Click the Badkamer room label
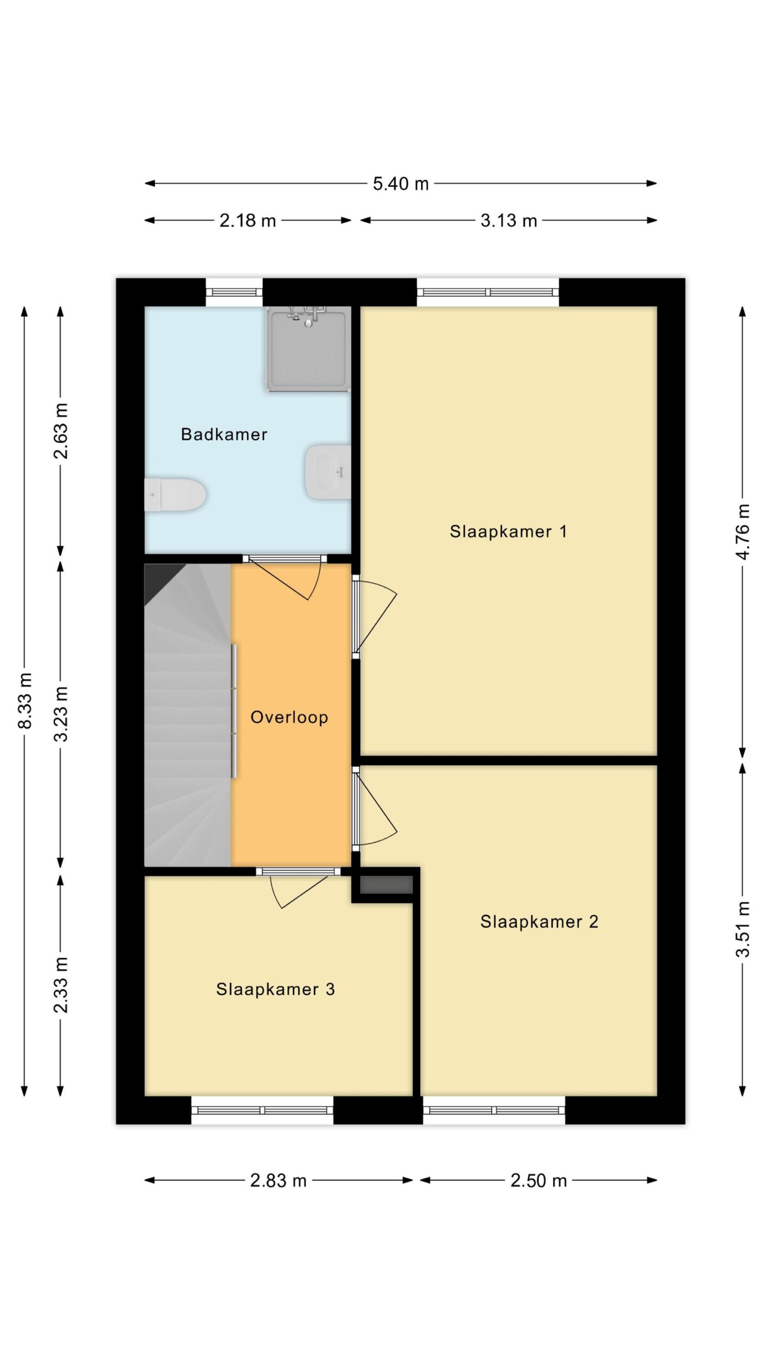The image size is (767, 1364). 224,434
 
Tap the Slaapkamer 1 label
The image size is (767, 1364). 508,531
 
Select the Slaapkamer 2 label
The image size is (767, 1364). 539,922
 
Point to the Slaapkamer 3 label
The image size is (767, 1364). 275,989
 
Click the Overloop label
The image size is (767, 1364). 289,717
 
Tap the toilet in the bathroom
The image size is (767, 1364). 175,495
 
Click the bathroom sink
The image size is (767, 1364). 328,472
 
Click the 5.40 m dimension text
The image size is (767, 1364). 401,184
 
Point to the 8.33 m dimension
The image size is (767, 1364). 25,700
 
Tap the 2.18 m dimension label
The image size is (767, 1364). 248,221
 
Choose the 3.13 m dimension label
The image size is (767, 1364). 509,221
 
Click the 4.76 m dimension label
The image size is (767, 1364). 743,531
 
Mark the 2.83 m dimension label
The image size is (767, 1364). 279,1181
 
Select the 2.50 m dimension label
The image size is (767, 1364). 538,1181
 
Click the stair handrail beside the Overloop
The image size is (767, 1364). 233,711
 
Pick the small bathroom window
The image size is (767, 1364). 234,292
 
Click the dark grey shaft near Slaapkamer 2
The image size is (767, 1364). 387,885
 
